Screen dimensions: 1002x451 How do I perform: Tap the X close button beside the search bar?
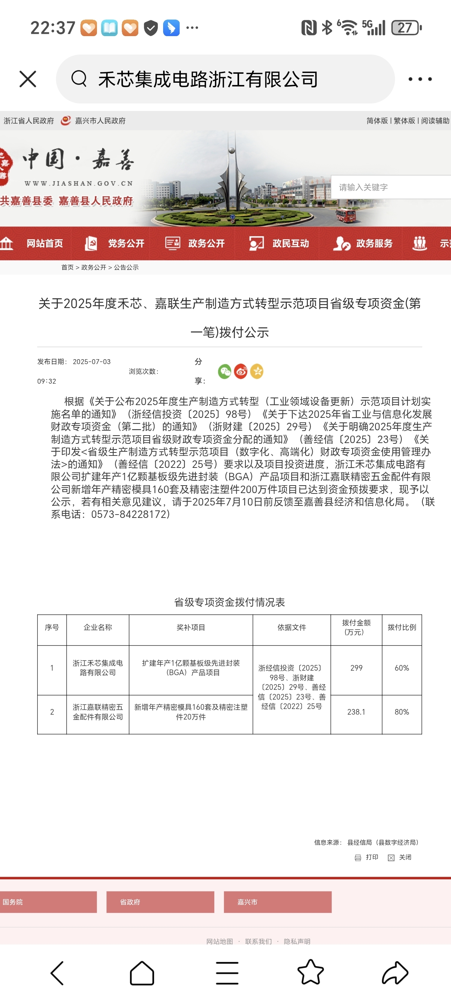pos(27,79)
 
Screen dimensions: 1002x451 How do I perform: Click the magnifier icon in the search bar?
pos(79,79)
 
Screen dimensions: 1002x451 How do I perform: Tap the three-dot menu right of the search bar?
pos(420,79)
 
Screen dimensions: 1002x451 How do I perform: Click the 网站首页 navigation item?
pos(44,243)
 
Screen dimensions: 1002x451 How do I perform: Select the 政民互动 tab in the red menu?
pos(290,243)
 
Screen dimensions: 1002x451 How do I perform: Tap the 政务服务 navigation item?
pos(374,243)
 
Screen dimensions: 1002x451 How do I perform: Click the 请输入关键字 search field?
pos(389,187)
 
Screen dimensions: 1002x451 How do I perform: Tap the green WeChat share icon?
pos(225,372)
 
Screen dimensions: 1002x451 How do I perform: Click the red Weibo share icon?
pos(241,372)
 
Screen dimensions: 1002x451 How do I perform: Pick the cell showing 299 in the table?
pos(356,668)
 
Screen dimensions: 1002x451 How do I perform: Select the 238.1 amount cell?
pos(356,712)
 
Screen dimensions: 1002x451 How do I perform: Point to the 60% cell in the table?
pos(402,668)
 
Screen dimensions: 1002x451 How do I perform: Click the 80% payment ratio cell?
pos(402,712)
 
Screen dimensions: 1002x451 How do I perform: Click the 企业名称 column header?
pos(98,627)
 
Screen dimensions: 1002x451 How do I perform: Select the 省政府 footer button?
pos(160,902)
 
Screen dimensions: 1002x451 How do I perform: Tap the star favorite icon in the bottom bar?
pos(310,972)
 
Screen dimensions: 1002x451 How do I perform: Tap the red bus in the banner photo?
pos(346,215)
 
